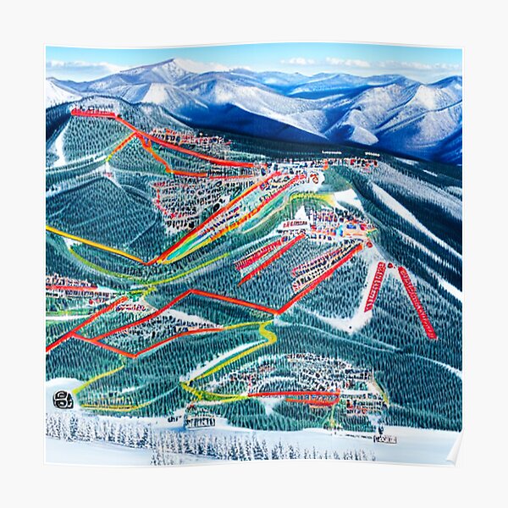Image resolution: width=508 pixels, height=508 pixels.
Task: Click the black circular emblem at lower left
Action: (63, 400)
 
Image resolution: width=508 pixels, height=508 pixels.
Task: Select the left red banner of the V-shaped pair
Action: (375, 286)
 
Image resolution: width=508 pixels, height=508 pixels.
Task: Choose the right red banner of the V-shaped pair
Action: (417, 302)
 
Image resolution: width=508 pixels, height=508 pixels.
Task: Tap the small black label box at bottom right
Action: (384, 439)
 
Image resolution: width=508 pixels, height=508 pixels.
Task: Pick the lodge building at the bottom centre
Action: (200, 419)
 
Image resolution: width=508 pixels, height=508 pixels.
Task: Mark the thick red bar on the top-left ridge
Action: (93, 113)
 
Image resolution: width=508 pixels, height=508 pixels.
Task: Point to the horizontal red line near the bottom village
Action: (292, 395)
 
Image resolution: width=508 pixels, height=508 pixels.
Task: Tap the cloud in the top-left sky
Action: (80, 65)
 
